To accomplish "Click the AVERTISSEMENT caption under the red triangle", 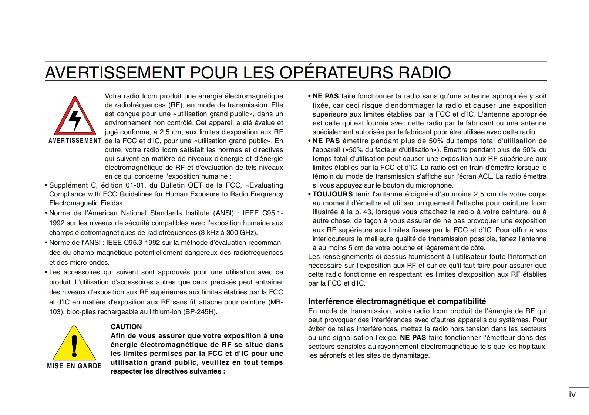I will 75,141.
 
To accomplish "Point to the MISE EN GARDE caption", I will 74,366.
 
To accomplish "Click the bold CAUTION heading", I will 126,327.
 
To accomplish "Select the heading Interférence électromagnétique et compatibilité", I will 397,301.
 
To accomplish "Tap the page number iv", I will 572,395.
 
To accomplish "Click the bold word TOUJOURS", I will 332,194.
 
